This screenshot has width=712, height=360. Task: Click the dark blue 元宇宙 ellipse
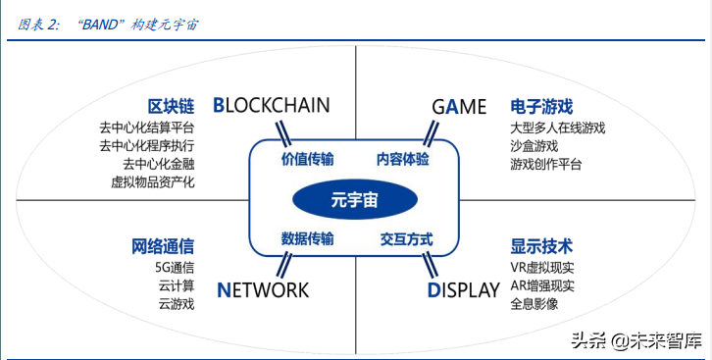[355, 199]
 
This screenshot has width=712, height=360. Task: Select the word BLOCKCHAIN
[271, 106]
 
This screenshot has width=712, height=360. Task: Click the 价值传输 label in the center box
[307, 159]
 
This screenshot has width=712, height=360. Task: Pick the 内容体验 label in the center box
[403, 159]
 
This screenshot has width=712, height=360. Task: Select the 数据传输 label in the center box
[307, 238]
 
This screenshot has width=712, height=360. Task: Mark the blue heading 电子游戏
[541, 106]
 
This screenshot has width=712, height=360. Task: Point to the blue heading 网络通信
[163, 245]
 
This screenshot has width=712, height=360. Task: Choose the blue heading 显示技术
[541, 245]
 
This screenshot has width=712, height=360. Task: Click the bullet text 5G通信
[175, 267]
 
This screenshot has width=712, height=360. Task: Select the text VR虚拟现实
[542, 267]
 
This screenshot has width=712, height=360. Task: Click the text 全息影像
[534, 304]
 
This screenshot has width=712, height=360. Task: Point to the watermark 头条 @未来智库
[637, 340]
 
